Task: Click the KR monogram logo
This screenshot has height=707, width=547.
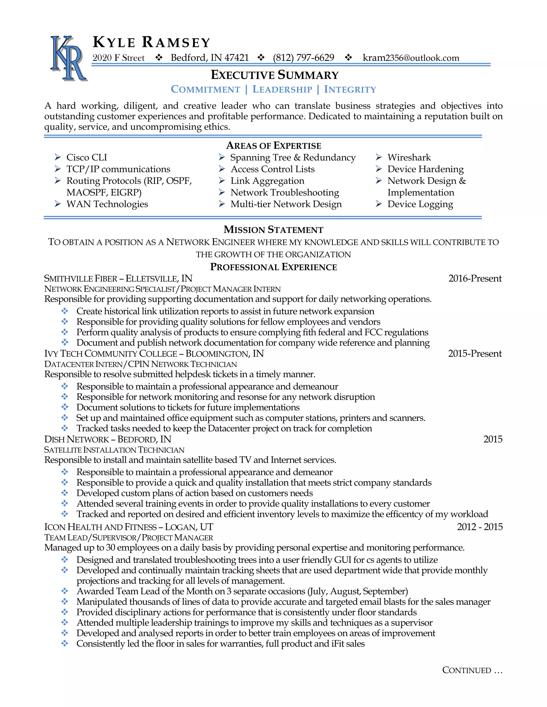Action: click(69, 58)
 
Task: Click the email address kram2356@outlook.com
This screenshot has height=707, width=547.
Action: click(411, 58)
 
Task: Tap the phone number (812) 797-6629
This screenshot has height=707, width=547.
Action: click(303, 58)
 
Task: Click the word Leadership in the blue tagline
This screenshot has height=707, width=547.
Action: click(282, 89)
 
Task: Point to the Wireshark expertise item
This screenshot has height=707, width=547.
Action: click(409, 157)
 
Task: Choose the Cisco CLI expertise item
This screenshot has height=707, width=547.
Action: click(87, 157)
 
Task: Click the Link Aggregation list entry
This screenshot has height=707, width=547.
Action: click(267, 181)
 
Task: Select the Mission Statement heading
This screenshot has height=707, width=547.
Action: click(273, 229)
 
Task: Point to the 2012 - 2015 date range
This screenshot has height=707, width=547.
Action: click(480, 527)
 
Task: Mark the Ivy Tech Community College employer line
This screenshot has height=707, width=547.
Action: click(154, 353)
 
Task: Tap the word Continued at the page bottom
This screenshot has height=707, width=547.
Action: click(467, 670)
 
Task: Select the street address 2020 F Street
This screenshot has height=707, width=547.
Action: click(118, 58)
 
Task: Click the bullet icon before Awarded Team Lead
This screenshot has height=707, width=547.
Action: click(65, 591)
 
